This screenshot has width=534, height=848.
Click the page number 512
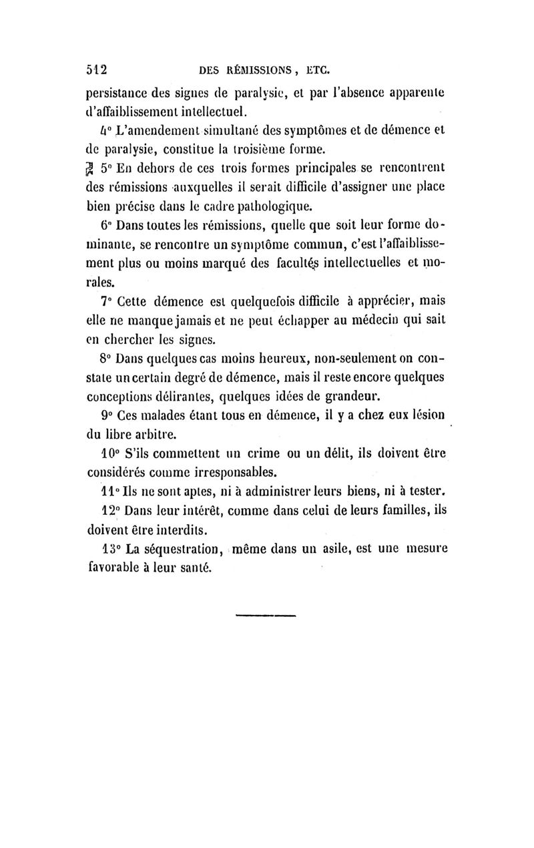coord(97,69)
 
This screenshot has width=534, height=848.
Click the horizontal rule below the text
coord(265,615)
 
